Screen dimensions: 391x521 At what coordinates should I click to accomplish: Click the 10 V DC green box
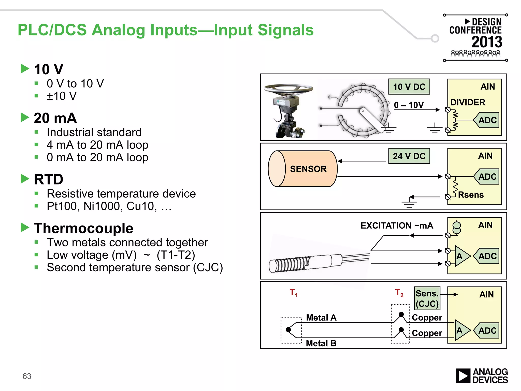(409, 87)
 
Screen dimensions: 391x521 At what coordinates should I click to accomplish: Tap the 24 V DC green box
(409, 156)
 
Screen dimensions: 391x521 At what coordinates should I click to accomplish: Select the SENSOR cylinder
(303, 169)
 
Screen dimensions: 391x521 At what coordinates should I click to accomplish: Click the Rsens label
(471, 195)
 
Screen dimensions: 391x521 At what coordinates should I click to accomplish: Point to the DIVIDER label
(468, 102)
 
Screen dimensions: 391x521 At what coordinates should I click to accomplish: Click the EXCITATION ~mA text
(397, 226)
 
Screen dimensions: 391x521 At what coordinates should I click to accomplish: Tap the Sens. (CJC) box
(427, 298)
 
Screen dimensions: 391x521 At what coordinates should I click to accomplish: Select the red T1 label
(293, 293)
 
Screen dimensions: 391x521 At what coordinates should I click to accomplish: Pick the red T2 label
(399, 293)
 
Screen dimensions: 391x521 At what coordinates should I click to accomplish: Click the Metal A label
(321, 318)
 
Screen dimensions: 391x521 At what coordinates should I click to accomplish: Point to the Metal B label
(321, 343)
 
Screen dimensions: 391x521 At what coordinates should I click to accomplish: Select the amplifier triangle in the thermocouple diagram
(461, 330)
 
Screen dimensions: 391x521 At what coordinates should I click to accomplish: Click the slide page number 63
(27, 376)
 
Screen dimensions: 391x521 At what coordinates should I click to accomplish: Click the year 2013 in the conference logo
(487, 42)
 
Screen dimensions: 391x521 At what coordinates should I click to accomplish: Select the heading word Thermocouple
(83, 228)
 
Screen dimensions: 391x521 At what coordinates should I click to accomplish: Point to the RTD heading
(48, 179)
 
